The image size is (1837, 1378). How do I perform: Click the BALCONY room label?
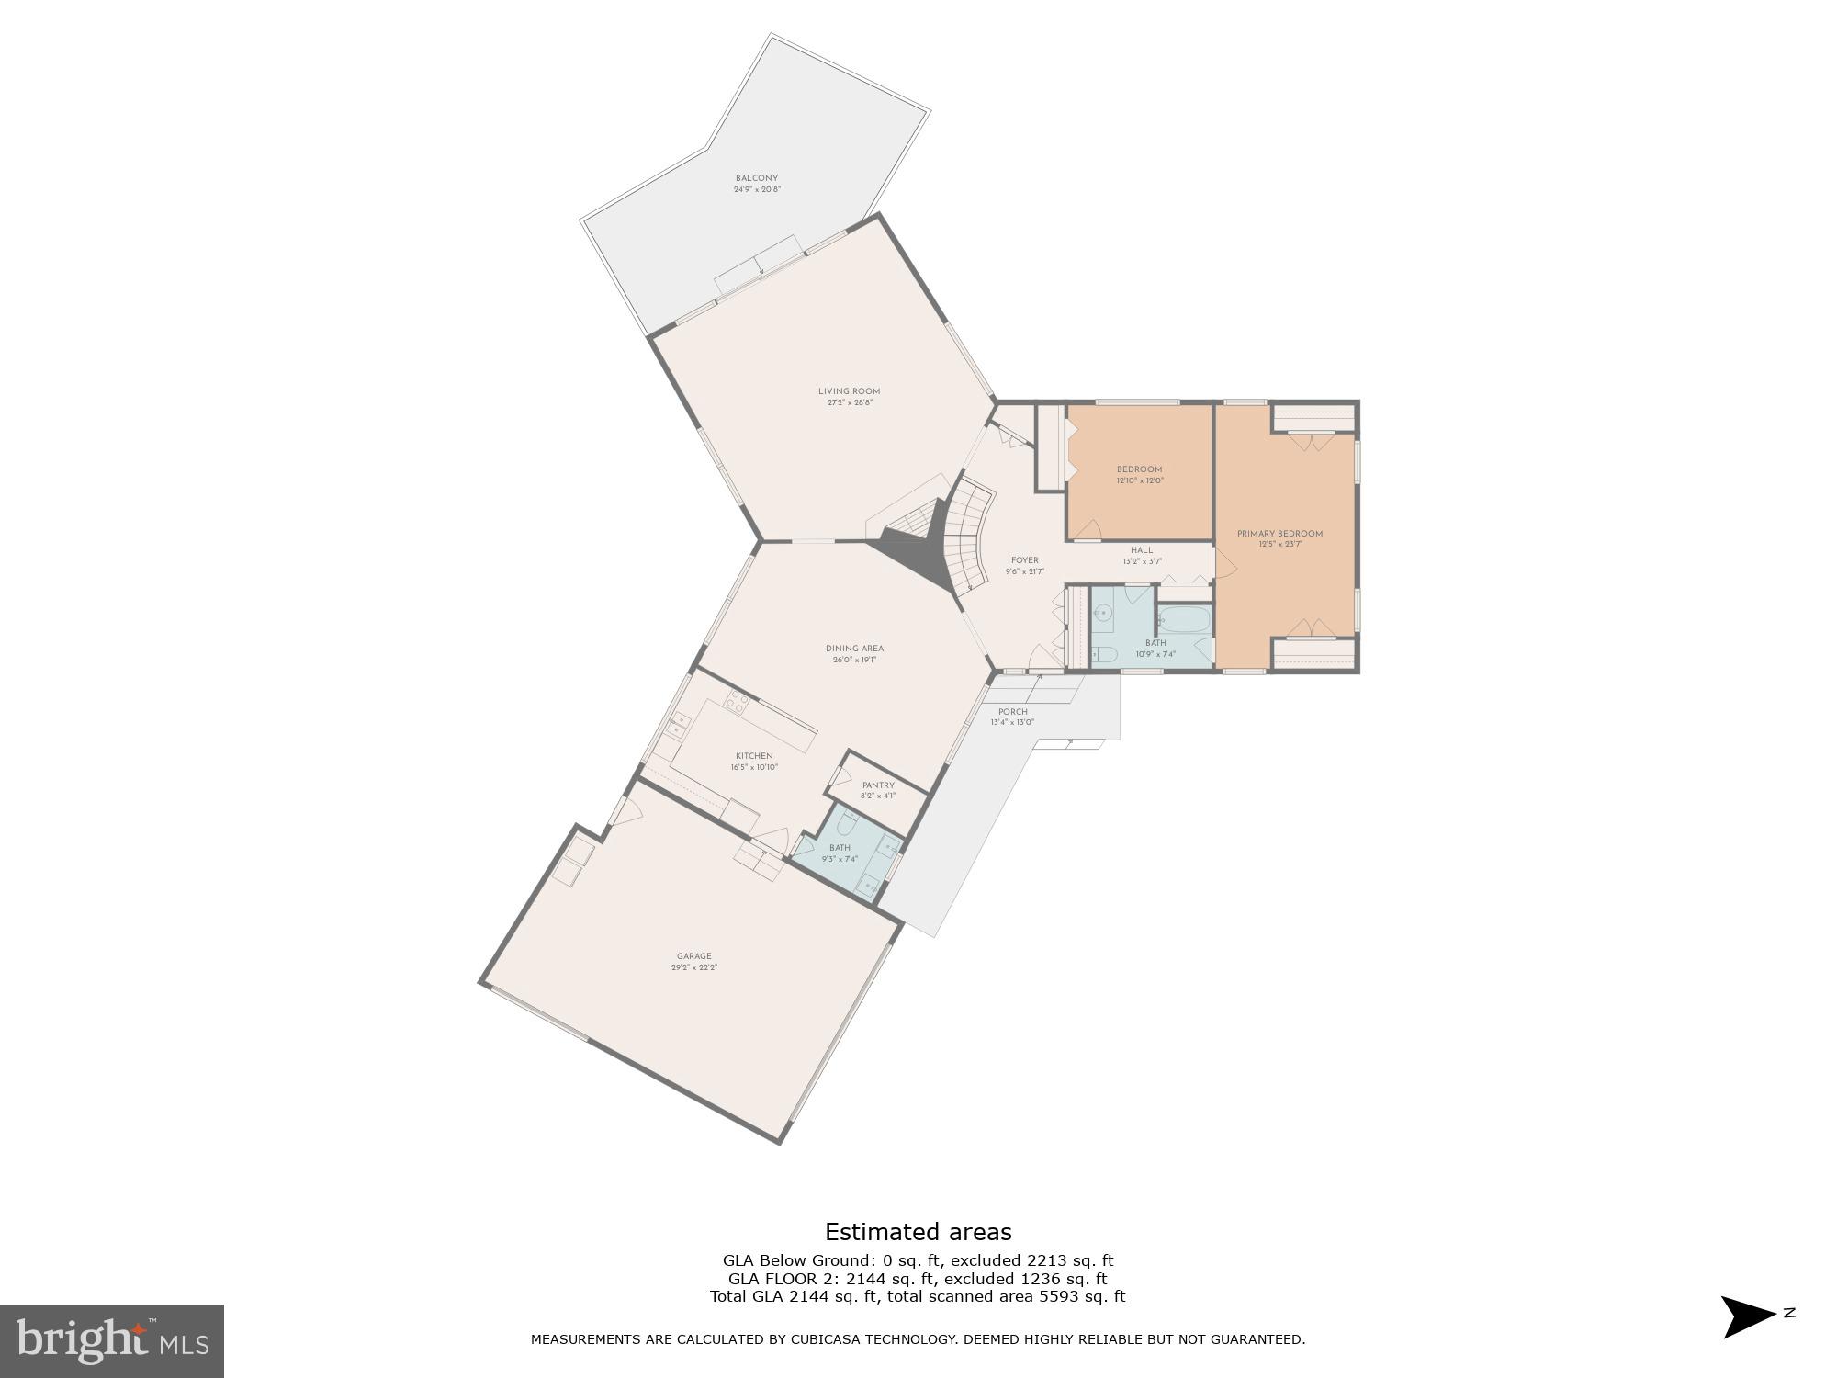pos(757,178)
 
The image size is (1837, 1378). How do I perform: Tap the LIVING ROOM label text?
pos(849,391)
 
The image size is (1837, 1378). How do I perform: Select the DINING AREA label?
pos(854,649)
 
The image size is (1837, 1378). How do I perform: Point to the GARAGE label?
pos(693,956)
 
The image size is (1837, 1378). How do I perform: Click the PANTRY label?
pos(878,785)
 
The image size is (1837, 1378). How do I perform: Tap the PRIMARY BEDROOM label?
pos(1279,534)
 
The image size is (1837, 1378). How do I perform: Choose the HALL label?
pos(1142,550)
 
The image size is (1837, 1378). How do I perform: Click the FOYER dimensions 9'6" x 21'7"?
pos(1024,571)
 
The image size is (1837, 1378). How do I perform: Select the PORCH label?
pos(1012,712)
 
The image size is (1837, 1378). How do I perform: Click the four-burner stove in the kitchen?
pos(737,705)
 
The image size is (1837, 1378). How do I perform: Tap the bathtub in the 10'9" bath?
pos(1184,619)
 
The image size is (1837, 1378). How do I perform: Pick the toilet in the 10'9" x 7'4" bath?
pos(1104,656)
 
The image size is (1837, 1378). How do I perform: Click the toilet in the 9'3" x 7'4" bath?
pos(849,816)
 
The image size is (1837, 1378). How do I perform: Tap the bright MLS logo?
pos(112,1341)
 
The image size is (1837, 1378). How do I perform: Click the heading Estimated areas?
pos(918,1232)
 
